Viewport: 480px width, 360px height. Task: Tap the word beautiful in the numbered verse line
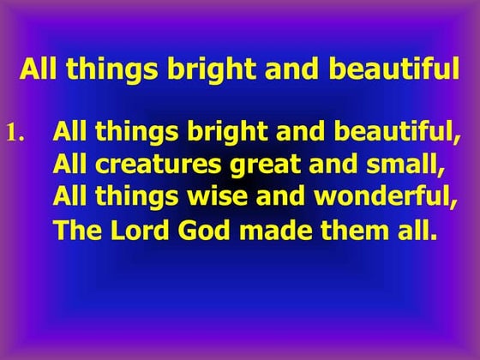(392, 133)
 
